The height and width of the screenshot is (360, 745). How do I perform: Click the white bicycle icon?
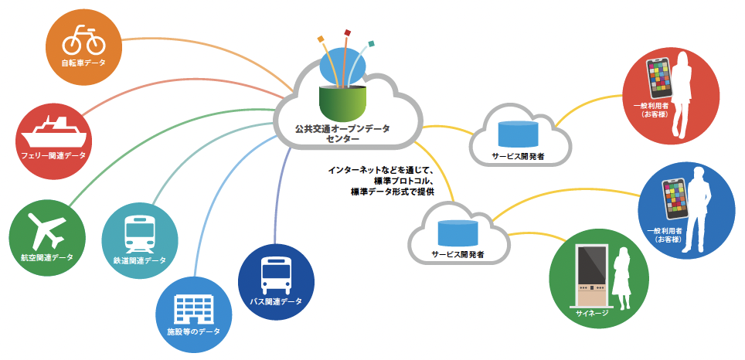click(x=83, y=40)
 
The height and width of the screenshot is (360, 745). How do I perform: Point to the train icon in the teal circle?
click(x=140, y=233)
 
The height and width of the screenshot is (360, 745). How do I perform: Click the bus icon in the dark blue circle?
click(x=277, y=275)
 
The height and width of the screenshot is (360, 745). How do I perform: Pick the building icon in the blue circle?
click(x=193, y=309)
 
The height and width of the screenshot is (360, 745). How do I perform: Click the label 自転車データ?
click(x=83, y=63)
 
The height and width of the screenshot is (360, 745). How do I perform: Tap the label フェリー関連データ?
click(x=53, y=155)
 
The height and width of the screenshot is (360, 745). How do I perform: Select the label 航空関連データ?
click(x=47, y=257)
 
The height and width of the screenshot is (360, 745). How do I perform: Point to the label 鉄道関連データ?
click(x=140, y=260)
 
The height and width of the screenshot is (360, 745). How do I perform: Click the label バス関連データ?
click(x=276, y=301)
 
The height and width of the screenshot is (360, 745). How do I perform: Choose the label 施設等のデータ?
click(x=194, y=331)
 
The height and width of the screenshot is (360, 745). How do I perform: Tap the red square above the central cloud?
click(x=348, y=32)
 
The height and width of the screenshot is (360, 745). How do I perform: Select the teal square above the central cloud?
click(x=372, y=44)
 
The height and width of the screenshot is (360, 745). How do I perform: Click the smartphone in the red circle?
click(x=658, y=77)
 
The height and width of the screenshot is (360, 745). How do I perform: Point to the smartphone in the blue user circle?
click(x=675, y=199)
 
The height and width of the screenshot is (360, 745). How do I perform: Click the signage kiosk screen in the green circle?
click(x=591, y=264)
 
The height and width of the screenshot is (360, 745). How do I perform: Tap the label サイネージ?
click(x=591, y=313)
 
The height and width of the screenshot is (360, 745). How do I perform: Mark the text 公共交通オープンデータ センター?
click(x=342, y=134)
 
